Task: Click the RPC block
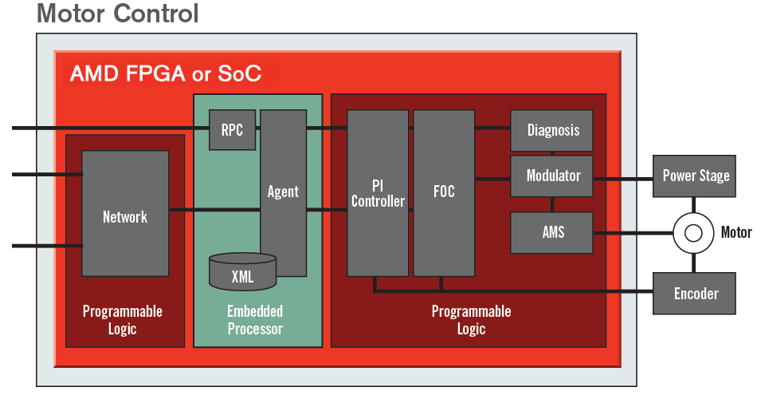tap(233, 130)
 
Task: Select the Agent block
tap(283, 192)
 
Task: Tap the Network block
tap(125, 215)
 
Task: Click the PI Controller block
tap(378, 193)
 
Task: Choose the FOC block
tap(444, 193)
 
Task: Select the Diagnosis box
tap(552, 130)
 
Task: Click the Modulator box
tap(552, 176)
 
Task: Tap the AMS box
tap(552, 232)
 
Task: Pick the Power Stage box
tap(695, 176)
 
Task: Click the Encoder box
tap(695, 294)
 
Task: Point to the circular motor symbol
tap(693, 233)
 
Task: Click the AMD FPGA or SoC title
tap(166, 75)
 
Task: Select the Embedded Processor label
tap(255, 319)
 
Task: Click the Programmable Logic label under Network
tap(123, 319)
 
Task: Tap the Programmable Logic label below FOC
tap(471, 319)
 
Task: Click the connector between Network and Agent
tap(214, 210)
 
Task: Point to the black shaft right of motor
tap(736, 232)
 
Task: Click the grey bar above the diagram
tap(117, 13)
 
